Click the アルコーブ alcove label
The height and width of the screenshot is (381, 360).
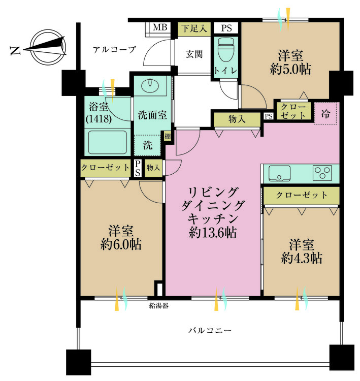(114, 50)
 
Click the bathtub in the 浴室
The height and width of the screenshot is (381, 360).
(107, 142)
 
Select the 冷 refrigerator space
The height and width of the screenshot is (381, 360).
(326, 114)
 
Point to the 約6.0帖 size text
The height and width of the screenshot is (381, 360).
(120, 244)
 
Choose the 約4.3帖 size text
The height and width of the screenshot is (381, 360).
(302, 258)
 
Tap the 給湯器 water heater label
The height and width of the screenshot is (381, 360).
(158, 306)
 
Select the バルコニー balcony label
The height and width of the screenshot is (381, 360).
(210, 331)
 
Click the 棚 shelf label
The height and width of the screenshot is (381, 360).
(167, 136)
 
